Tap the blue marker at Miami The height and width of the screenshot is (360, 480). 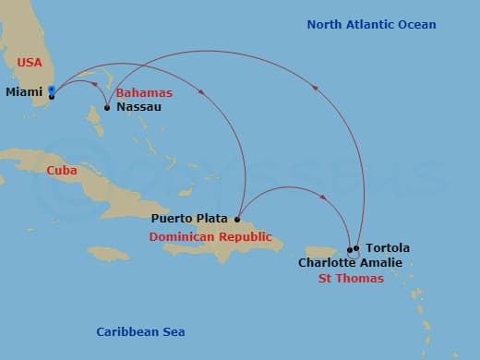(x=52, y=90)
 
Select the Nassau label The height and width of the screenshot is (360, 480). (x=139, y=107)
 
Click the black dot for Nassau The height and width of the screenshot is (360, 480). (x=107, y=108)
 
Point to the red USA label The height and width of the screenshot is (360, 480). (x=30, y=62)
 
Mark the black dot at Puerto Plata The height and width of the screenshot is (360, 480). (x=237, y=220)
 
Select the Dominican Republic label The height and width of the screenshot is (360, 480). (x=210, y=236)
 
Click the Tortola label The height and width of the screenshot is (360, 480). (x=388, y=248)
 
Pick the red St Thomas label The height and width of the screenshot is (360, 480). (x=351, y=278)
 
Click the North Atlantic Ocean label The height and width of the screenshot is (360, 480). (x=371, y=24)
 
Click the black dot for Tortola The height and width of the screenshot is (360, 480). (x=356, y=247)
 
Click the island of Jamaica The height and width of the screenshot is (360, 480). (x=109, y=252)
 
